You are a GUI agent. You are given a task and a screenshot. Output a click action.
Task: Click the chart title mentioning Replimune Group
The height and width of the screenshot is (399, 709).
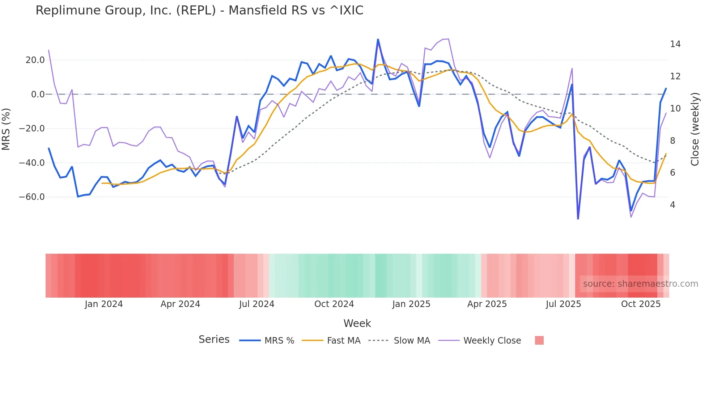click(199, 10)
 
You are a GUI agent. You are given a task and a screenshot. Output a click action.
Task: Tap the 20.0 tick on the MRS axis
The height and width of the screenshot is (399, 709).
click(35, 60)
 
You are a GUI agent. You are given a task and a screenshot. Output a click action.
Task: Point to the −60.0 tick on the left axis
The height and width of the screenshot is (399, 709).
click(32, 197)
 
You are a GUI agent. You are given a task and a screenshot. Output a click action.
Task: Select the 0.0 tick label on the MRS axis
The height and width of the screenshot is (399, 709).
click(38, 94)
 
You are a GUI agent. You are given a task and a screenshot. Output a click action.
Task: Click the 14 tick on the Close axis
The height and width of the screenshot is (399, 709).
click(675, 44)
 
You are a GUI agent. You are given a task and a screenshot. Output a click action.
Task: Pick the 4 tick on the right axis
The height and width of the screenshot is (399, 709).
click(672, 205)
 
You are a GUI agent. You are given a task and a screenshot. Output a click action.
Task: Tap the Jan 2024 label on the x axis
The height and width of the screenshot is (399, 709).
click(104, 304)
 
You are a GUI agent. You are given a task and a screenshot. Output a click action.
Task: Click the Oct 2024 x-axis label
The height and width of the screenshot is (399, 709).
click(334, 304)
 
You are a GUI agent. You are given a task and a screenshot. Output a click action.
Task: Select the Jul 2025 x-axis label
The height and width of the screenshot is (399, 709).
click(563, 304)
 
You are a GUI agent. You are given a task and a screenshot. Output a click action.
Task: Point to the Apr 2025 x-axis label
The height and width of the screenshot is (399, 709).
click(487, 304)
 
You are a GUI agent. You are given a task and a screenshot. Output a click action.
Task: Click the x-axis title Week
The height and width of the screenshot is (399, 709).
click(357, 323)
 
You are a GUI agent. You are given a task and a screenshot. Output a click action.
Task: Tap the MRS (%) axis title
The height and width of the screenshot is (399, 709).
click(6, 129)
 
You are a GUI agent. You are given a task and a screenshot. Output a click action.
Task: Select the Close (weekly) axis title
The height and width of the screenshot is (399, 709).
click(695, 129)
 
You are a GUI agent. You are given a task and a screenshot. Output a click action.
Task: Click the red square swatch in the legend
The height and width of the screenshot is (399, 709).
click(539, 340)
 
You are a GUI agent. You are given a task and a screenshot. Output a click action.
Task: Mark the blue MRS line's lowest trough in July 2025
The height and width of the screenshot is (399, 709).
click(578, 219)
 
